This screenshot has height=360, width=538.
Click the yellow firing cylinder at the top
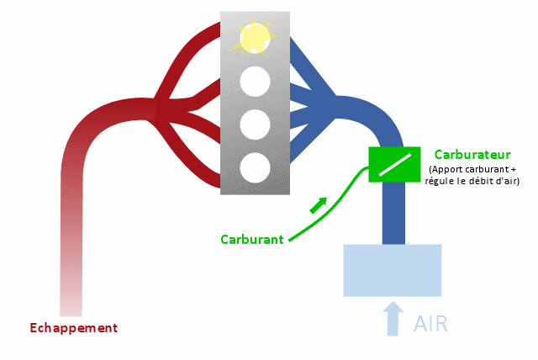pos(255,38)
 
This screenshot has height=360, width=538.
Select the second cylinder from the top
pos(255,82)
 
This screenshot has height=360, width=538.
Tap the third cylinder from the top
pos(255,124)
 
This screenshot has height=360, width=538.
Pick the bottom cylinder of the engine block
pos(255,168)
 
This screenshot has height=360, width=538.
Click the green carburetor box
pos(394,164)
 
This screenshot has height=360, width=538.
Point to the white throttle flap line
pos(395,165)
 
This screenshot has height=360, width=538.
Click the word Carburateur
pos(472,155)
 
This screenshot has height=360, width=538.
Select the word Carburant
pos(252,240)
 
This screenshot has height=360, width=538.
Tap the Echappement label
pos(74,328)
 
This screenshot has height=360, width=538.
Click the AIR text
pos(430,324)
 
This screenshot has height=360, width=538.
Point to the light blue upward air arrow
pos(393,319)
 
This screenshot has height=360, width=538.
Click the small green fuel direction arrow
pos(319,205)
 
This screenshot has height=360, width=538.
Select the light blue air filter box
pos(393,271)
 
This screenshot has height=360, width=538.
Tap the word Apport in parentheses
pos(444,170)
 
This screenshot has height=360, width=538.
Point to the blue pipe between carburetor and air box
pos(393,213)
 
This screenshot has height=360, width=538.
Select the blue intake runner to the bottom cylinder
pos(310,140)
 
